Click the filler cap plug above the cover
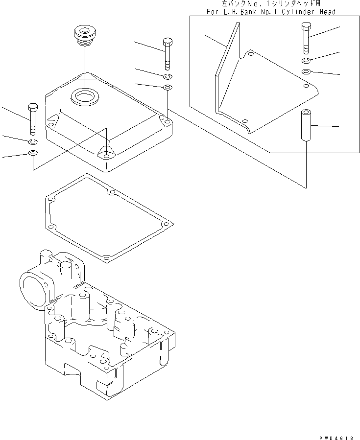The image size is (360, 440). (82, 36)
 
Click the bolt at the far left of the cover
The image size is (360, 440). (33, 118)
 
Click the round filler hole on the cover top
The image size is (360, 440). (85, 95)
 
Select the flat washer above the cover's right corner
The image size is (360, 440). (168, 88)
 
